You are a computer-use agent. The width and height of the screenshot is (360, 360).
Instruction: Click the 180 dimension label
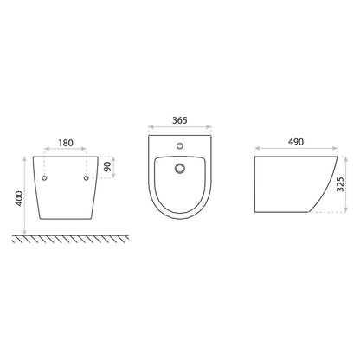coord(66,143)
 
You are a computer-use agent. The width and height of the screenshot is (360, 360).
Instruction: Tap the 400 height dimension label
coord(19,198)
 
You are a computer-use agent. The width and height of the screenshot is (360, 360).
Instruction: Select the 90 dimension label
coord(107,167)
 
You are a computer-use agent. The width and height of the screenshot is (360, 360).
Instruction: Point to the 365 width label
coord(180,120)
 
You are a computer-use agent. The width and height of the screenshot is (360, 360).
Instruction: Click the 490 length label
coord(296,142)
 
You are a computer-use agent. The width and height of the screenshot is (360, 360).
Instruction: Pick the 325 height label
coord(341,184)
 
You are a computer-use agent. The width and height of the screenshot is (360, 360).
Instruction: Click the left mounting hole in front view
coord(44,178)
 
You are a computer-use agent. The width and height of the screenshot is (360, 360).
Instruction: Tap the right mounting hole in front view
coord(86,178)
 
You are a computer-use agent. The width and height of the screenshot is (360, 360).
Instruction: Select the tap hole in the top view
coord(180,146)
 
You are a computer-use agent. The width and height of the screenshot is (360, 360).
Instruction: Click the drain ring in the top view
coord(180,168)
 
